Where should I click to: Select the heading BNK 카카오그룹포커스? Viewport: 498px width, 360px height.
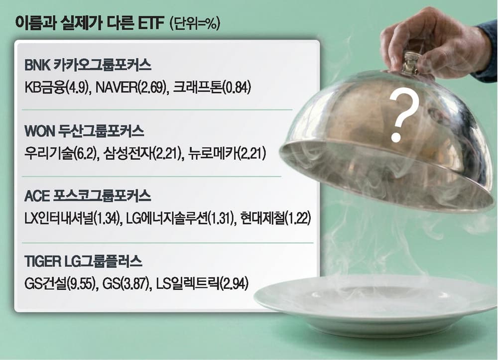click(x=88, y=66)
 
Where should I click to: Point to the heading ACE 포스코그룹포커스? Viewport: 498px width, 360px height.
click(x=88, y=197)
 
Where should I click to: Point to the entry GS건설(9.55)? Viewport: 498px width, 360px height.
click(x=55, y=284)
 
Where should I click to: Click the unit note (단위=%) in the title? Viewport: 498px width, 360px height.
click(x=195, y=23)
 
